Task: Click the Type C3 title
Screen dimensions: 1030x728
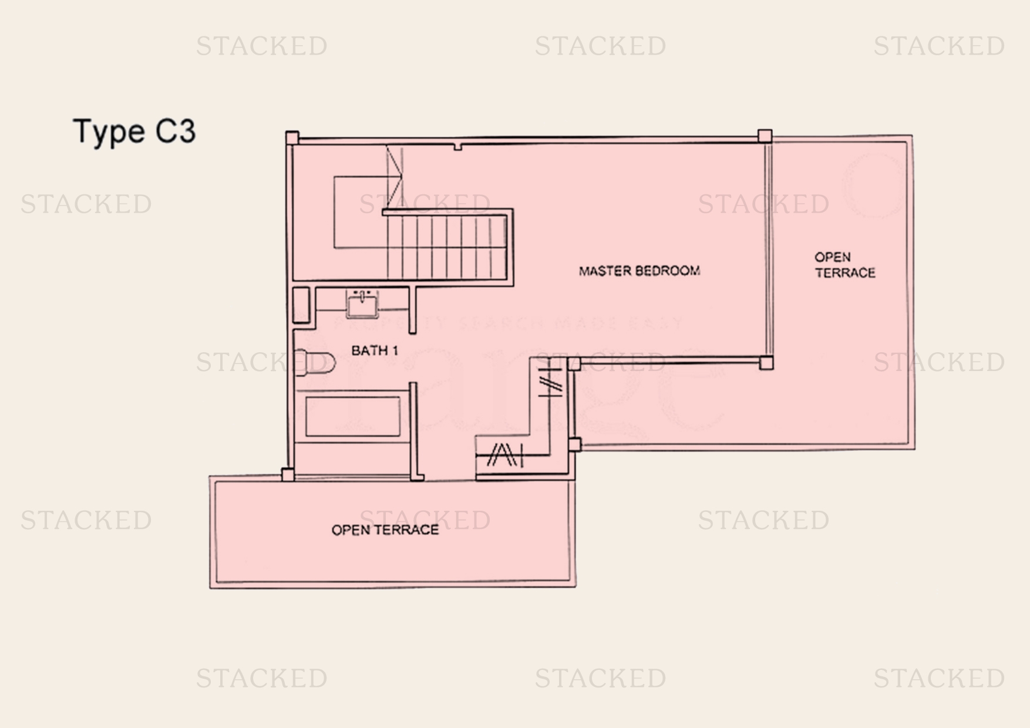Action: click(134, 132)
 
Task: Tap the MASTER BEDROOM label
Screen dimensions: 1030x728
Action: click(639, 271)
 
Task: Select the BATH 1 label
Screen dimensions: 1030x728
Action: click(375, 350)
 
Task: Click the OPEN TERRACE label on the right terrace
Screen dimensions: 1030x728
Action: click(844, 265)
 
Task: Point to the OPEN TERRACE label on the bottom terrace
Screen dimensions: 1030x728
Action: click(385, 530)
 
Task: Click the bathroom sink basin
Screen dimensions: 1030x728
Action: click(362, 305)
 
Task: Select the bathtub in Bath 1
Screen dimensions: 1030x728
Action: click(352, 416)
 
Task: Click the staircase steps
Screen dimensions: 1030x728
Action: click(447, 247)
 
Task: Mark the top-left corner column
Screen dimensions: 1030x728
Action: click(292, 137)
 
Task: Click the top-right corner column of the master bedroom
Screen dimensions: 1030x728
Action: click(765, 136)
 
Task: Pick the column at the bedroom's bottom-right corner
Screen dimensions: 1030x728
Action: click(766, 363)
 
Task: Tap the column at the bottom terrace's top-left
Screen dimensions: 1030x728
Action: click(288, 474)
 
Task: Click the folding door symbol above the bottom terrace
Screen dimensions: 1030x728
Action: click(505, 455)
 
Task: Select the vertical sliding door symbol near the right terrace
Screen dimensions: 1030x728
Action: click(550, 379)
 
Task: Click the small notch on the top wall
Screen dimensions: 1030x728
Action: click(458, 146)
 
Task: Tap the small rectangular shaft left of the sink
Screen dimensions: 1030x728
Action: click(301, 305)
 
